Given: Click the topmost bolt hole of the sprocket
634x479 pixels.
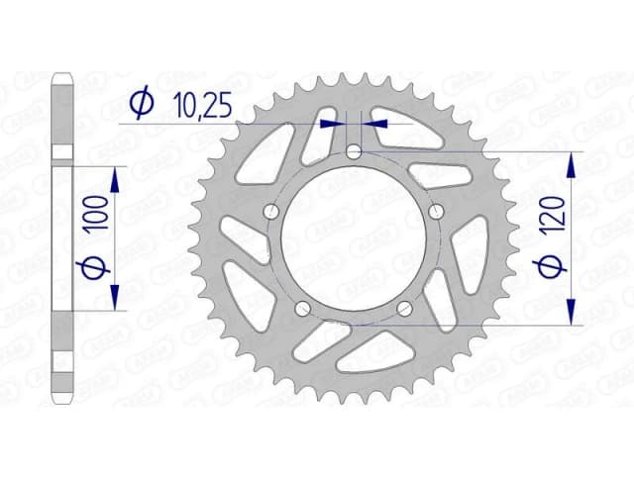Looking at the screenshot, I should click(356, 151).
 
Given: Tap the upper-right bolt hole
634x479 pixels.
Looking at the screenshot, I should click(437, 211).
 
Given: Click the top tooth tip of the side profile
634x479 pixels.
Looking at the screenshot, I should click(62, 75).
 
